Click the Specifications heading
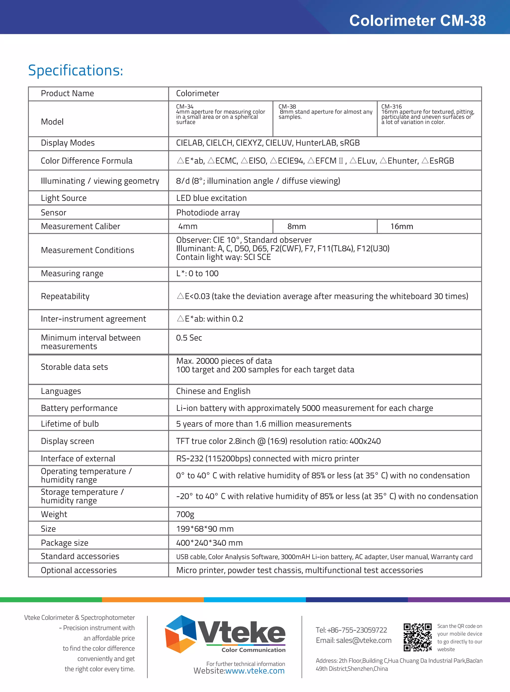click(76, 70)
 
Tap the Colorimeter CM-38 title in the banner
click(417, 21)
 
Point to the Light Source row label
click(64, 198)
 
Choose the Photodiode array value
click(208, 213)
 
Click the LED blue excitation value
click(211, 198)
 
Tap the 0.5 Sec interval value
click(189, 338)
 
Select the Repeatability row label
click(65, 296)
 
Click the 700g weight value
click(185, 514)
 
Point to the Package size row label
click(64, 543)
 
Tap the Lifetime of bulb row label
click(70, 424)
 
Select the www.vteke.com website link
click(255, 671)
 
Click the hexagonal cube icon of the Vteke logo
click(181, 634)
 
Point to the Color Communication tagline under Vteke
click(254, 650)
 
